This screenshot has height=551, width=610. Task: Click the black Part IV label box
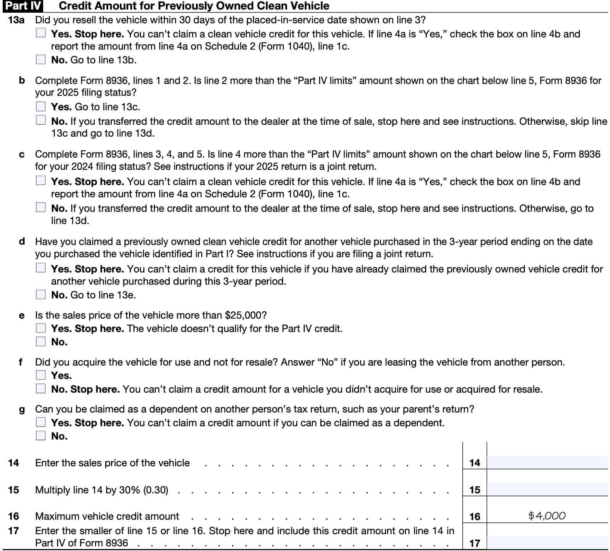[23, 6]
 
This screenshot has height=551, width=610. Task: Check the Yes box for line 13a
[41, 33]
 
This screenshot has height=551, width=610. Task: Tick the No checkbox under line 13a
[41, 60]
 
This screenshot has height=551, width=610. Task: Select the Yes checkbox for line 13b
[41, 106]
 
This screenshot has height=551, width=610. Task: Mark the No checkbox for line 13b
[41, 121]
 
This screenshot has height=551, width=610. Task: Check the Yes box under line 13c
[41, 180]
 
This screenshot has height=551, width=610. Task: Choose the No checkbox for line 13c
[41, 208]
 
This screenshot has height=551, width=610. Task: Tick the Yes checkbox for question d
[41, 268]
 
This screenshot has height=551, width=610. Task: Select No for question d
[41, 295]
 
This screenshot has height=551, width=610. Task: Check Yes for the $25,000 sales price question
[41, 328]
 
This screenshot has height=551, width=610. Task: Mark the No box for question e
[41, 342]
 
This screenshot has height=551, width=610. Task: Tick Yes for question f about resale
[41, 375]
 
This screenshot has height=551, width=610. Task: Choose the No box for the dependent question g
[41, 436]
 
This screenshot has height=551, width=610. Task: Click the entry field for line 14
[547, 462]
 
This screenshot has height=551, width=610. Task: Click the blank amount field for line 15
[547, 489]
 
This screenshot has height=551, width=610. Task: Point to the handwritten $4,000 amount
[547, 516]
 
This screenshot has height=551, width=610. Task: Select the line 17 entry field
[547, 542]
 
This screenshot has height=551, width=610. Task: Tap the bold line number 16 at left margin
[13, 516]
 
